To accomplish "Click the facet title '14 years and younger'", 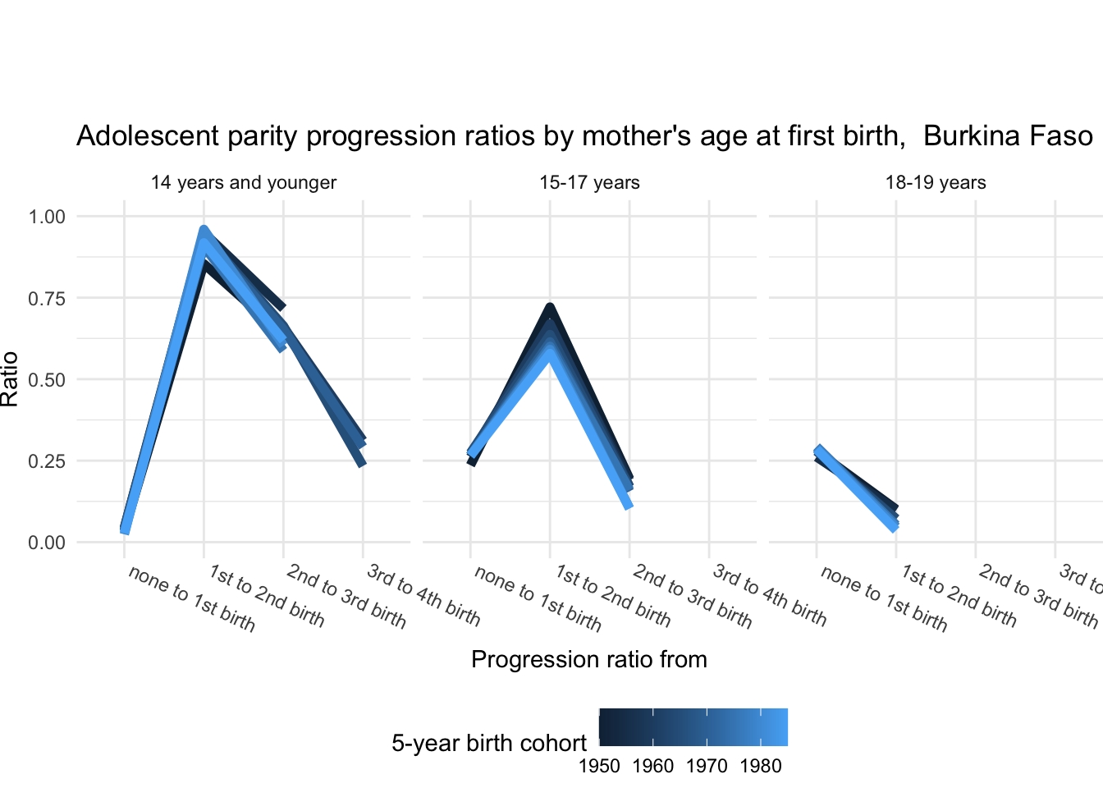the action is pyautogui.click(x=243, y=183).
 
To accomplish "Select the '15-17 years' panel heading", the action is pyautogui.click(x=589, y=183).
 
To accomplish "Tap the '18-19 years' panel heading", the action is pyautogui.click(x=936, y=183).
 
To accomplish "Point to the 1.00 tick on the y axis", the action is pyautogui.click(x=47, y=217).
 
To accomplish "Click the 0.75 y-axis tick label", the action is pyautogui.click(x=47, y=299).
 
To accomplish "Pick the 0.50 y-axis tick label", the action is pyautogui.click(x=47, y=380).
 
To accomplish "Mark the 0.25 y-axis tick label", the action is pyautogui.click(x=47, y=461).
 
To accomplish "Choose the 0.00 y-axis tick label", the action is pyautogui.click(x=47, y=543).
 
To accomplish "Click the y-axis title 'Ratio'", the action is pyautogui.click(x=9, y=379).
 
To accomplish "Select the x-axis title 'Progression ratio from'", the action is pyautogui.click(x=589, y=659).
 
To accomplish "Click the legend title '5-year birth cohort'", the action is pyautogui.click(x=489, y=743).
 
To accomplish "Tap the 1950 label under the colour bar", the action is pyautogui.click(x=599, y=767).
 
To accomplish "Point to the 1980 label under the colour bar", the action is pyautogui.click(x=761, y=767).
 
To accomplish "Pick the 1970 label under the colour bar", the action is pyautogui.click(x=707, y=767).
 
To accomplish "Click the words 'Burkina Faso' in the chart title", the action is pyautogui.click(x=1008, y=135).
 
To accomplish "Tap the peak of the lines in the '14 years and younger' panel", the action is pyautogui.click(x=204, y=230).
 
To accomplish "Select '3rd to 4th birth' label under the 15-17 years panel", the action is pyautogui.click(x=769, y=596).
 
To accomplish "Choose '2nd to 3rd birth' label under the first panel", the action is pyautogui.click(x=346, y=597).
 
